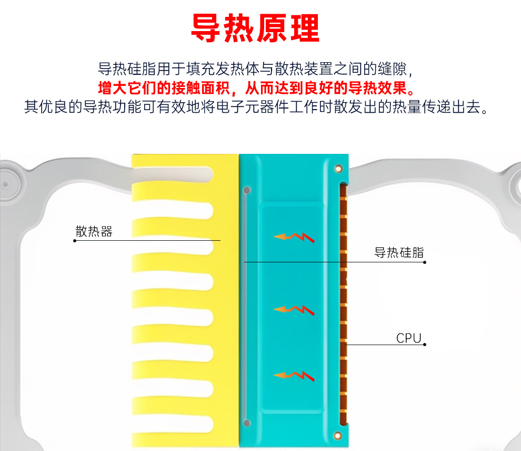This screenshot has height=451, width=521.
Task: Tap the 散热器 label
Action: coord(94,231)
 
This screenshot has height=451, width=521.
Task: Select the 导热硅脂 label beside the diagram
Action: coord(399,253)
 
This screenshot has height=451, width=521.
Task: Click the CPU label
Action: coord(409,338)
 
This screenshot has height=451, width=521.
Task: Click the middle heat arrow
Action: coord(294,309)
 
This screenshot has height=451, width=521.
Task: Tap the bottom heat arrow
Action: coord(294,375)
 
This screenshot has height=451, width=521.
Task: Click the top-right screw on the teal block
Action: coord(338,168)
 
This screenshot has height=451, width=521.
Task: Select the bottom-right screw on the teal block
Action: coord(338,435)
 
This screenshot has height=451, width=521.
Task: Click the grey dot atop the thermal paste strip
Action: coord(247,190)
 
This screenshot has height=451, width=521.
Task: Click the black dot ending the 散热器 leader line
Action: coord(75,241)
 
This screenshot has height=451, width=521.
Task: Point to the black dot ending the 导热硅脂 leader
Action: coord(424,262)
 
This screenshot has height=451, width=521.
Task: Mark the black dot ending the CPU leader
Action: coord(424,345)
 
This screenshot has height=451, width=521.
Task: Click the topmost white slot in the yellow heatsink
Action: coord(174,172)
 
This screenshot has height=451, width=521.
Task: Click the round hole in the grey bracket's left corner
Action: coord(6,184)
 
